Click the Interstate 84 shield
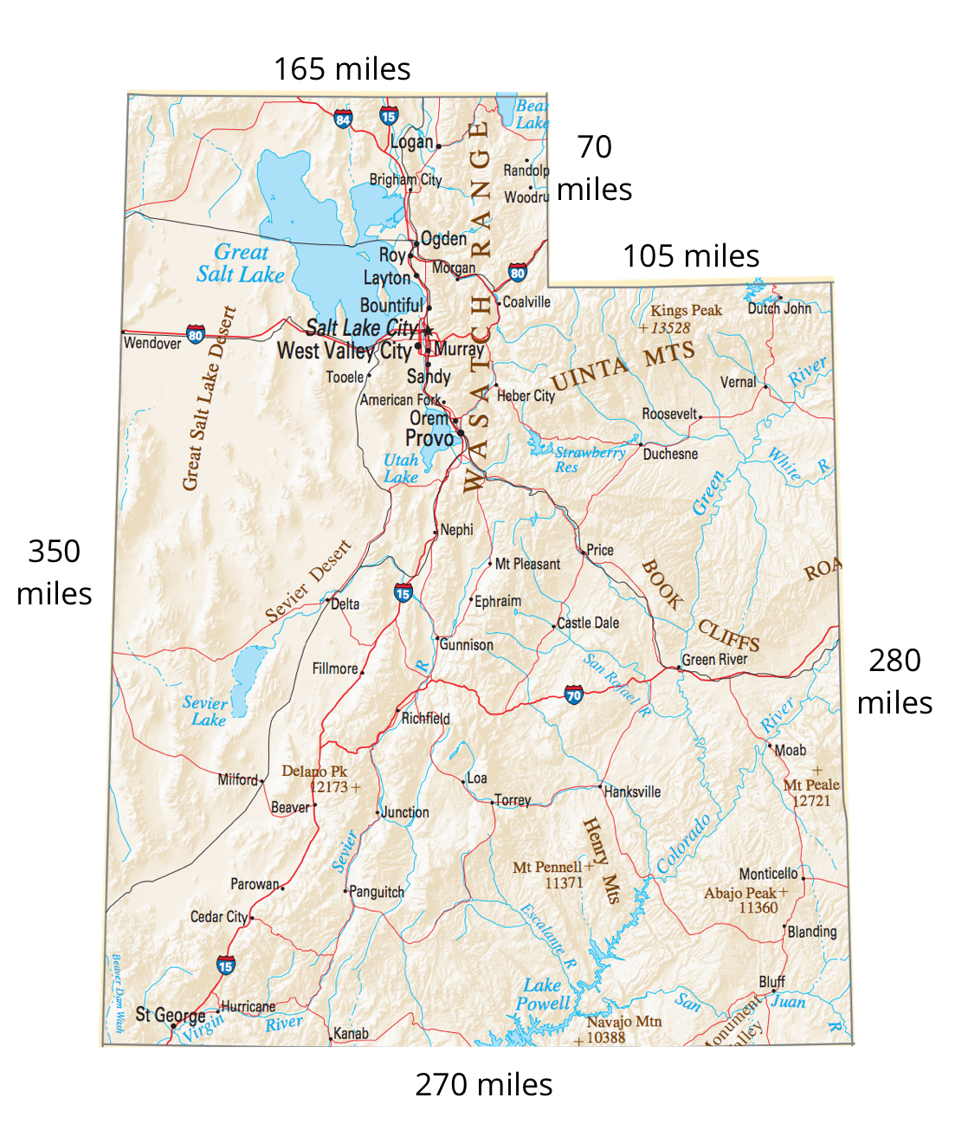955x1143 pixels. [343, 119]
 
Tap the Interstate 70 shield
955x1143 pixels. [573, 694]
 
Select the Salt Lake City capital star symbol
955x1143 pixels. [427, 331]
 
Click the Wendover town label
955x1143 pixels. [152, 343]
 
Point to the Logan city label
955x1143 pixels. [411, 142]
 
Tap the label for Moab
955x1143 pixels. [790, 750]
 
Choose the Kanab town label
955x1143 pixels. [352, 1034]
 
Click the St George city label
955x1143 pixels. [171, 1015]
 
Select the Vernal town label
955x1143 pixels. [738, 382]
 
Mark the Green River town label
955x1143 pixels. [714, 660]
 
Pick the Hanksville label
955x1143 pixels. [633, 791]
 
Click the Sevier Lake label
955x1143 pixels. [206, 711]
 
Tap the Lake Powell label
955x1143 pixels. [543, 994]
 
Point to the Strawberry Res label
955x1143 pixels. [589, 459]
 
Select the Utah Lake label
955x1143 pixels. [401, 468]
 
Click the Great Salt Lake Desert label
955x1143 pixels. [210, 398]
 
